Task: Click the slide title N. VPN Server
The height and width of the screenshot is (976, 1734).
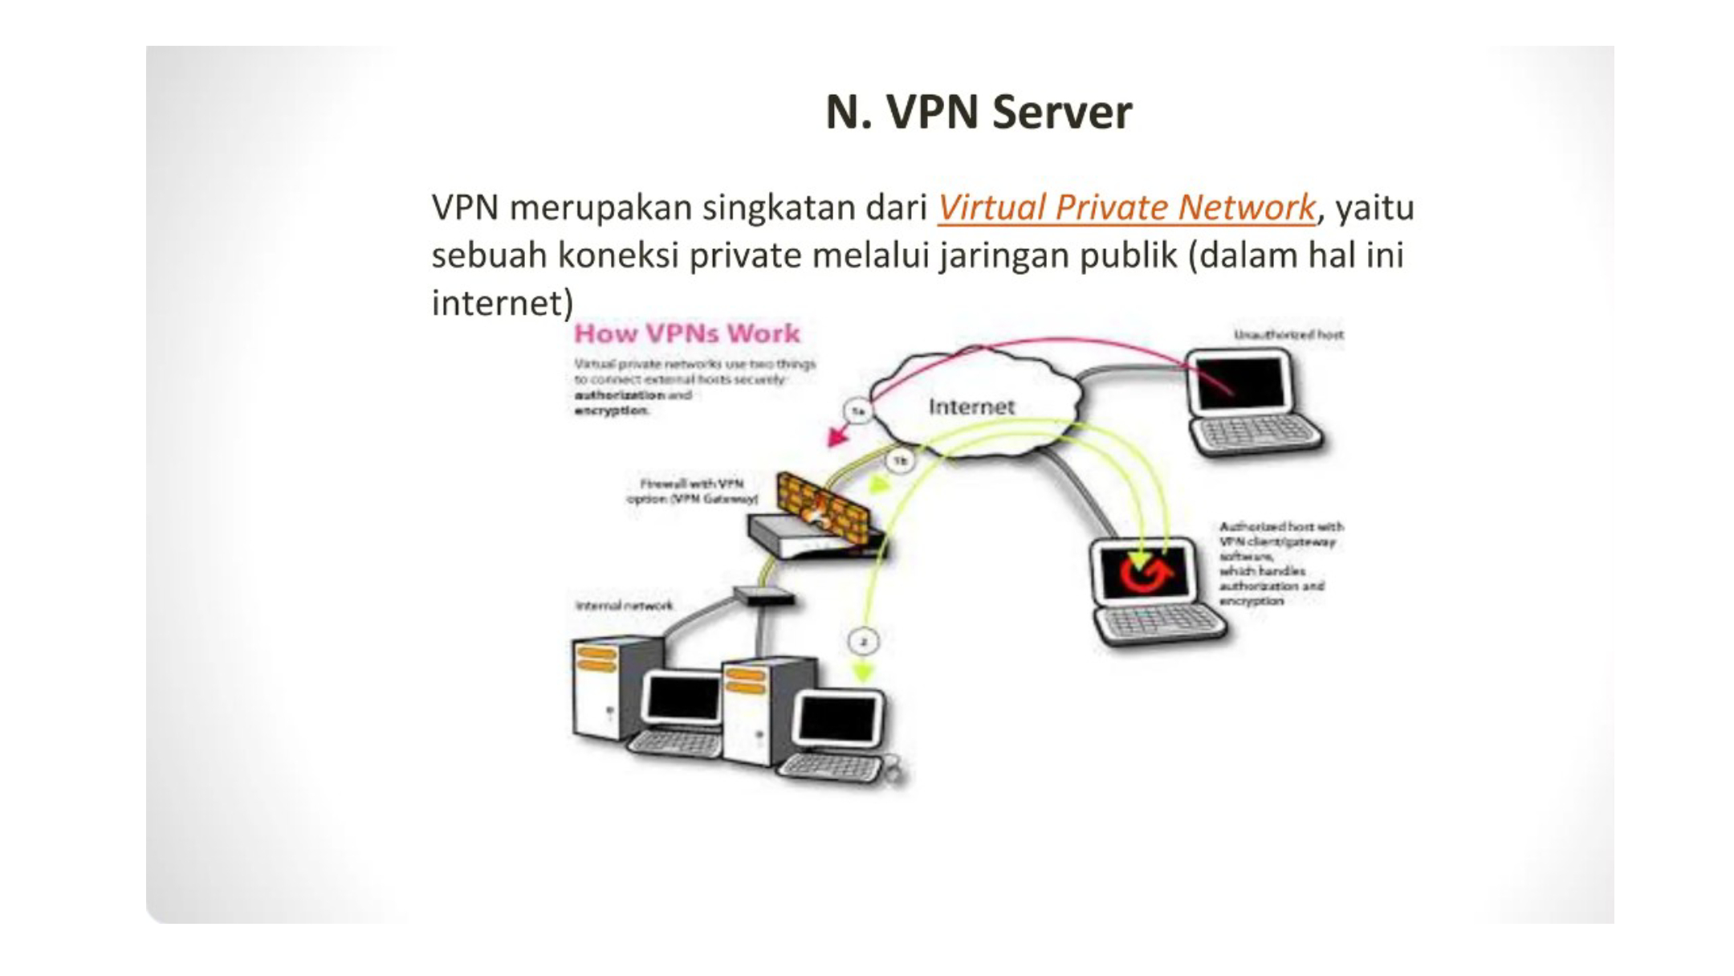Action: pyautogui.click(x=978, y=112)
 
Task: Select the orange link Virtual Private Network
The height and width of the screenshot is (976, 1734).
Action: pyautogui.click(x=1125, y=207)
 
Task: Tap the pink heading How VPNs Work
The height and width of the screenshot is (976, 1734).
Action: pyautogui.click(x=686, y=333)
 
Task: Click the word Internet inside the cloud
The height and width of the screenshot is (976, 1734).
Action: pyautogui.click(x=971, y=406)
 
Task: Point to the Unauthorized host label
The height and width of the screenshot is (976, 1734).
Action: pyautogui.click(x=1288, y=334)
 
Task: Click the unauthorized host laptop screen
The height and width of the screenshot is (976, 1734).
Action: pyautogui.click(x=1240, y=382)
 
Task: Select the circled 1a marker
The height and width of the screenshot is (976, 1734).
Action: pyautogui.click(x=857, y=411)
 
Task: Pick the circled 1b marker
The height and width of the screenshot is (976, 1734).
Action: pyautogui.click(x=899, y=461)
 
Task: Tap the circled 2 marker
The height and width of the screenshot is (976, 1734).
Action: pyautogui.click(x=863, y=642)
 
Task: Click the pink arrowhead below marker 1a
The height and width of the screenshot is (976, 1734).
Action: pyautogui.click(x=837, y=437)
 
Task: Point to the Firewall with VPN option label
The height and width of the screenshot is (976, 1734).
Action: pyautogui.click(x=692, y=491)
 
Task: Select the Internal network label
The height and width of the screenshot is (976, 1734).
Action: pyautogui.click(x=624, y=606)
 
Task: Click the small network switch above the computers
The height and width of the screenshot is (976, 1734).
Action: pyautogui.click(x=763, y=596)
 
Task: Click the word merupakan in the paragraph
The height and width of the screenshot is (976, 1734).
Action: pyautogui.click(x=600, y=207)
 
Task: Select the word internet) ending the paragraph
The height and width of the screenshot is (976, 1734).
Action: pyautogui.click(x=503, y=304)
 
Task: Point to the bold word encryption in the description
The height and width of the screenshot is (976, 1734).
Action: pyautogui.click(x=611, y=410)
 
